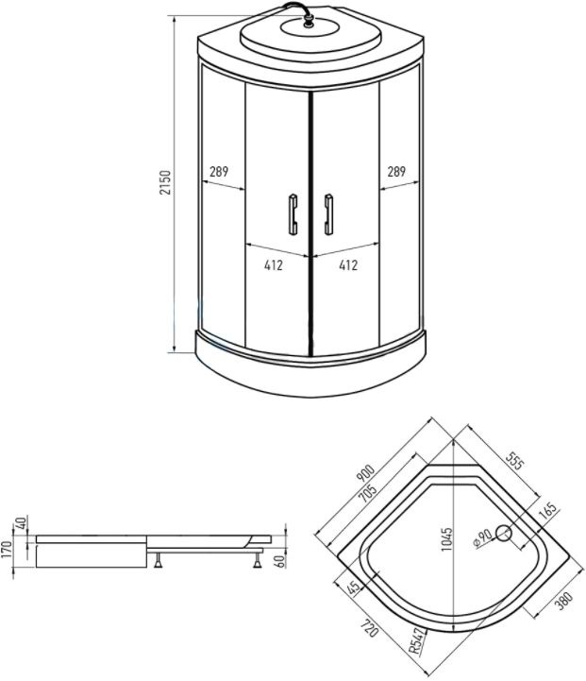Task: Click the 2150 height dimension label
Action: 166,182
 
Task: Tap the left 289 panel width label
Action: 219,172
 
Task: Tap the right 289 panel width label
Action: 396,172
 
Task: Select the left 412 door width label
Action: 274,264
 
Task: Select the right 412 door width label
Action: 348,264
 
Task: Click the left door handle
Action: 293,214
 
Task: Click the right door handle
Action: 328,214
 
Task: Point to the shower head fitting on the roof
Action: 309,20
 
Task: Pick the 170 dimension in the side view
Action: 7,552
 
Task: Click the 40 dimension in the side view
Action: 22,523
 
